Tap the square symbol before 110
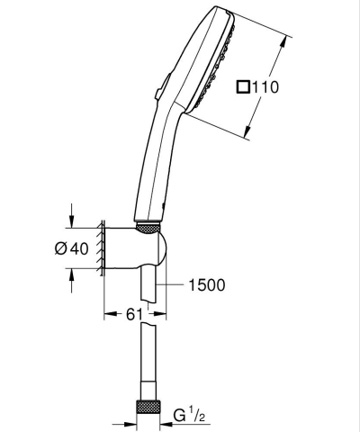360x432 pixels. [x=242, y=88]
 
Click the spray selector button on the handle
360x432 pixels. [x=157, y=89]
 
